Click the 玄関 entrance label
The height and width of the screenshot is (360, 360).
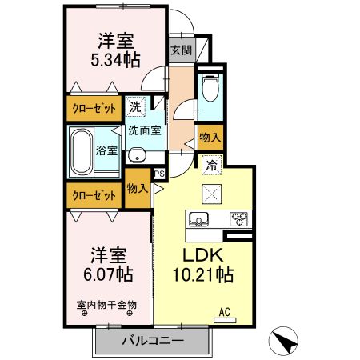click(181, 50)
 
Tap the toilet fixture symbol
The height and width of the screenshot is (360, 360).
click(209, 87)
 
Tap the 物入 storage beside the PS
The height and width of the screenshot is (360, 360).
click(137, 189)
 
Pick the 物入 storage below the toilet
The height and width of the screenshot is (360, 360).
click(209, 138)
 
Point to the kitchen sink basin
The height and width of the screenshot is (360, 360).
click(198, 218)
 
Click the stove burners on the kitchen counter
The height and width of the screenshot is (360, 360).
click(238, 217)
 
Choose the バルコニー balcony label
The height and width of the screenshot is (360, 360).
click(152, 341)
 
